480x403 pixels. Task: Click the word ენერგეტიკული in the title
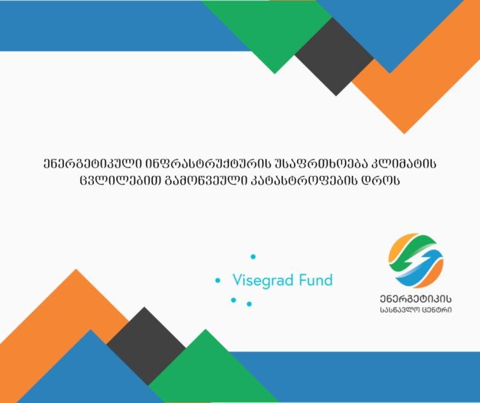pyautogui.click(x=92, y=164)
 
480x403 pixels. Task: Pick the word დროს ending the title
pyautogui.click(x=381, y=180)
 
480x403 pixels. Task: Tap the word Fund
pyautogui.click(x=316, y=280)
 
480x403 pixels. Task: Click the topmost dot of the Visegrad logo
pyautogui.click(x=253, y=257)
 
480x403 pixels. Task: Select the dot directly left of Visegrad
pyautogui.click(x=218, y=280)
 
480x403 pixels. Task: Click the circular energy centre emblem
pyautogui.click(x=415, y=261)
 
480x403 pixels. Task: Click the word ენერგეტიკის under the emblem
pyautogui.click(x=415, y=299)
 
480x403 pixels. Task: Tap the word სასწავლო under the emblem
pyautogui.click(x=400, y=310)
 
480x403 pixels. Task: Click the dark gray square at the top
pyautogui.click(x=334, y=57)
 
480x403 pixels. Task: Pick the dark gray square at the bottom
pyautogui.click(x=146, y=346)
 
